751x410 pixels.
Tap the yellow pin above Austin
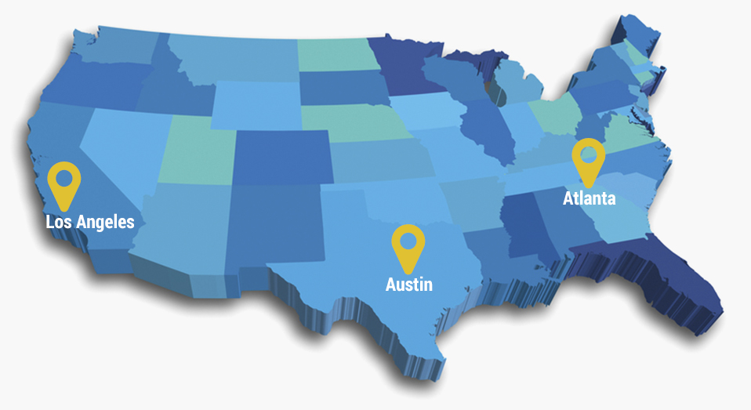point(408,245)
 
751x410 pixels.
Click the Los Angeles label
point(90,222)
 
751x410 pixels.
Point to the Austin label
point(408,284)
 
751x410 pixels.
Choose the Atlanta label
point(589,198)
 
